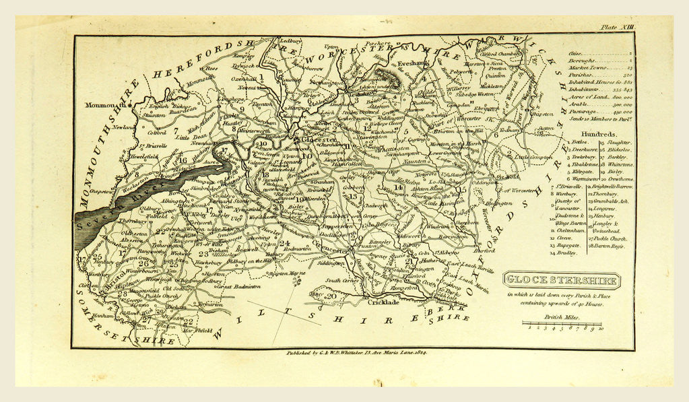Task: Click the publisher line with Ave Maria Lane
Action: pyautogui.click(x=353, y=353)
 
